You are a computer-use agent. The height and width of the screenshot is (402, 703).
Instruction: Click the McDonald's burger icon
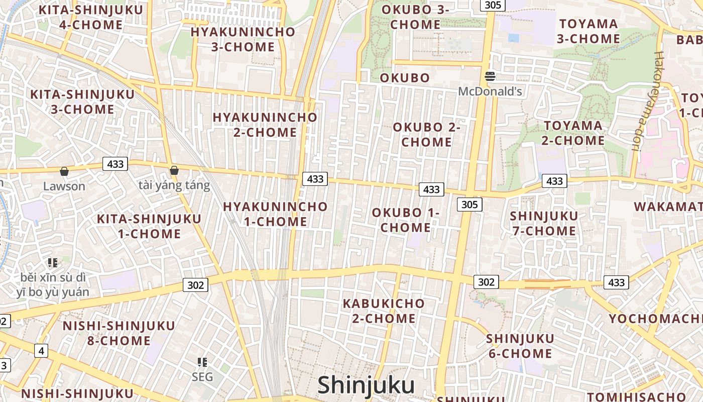[490, 76]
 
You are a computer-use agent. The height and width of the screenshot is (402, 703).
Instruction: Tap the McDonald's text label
[490, 91]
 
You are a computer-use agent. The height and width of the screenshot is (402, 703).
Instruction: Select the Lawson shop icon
[64, 171]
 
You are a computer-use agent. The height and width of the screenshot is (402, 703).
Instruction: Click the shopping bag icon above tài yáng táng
[174, 170]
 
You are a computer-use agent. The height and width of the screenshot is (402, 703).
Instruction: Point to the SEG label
[202, 377]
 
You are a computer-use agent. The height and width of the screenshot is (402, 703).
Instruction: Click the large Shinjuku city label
[366, 385]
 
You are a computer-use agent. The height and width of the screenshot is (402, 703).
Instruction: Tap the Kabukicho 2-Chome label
[384, 311]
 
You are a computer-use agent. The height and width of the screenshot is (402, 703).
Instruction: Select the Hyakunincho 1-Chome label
[275, 214]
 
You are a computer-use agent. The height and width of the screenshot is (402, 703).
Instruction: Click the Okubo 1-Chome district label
[406, 220]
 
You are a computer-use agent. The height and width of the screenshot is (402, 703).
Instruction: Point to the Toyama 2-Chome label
[573, 133]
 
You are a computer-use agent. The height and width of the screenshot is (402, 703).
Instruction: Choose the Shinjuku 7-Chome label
[543, 224]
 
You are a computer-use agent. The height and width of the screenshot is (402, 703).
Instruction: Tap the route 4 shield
[41, 351]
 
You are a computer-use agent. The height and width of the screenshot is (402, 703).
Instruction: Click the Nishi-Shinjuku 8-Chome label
[119, 333]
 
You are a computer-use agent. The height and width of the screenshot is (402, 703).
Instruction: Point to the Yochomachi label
[655, 319]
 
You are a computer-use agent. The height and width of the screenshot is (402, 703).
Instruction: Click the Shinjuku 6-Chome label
[520, 346]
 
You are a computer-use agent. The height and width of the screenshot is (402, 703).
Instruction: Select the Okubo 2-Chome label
[426, 135]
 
